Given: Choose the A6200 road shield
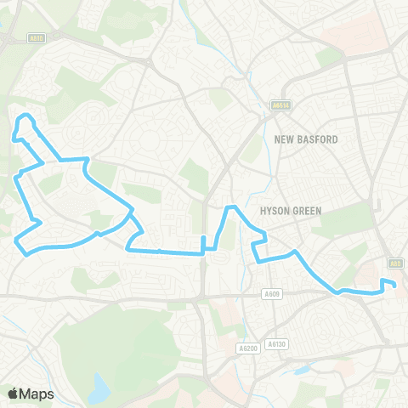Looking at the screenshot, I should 247,348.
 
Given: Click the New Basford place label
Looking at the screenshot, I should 307,139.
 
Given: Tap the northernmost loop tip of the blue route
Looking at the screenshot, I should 27,115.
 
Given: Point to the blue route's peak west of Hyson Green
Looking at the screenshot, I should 230,207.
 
